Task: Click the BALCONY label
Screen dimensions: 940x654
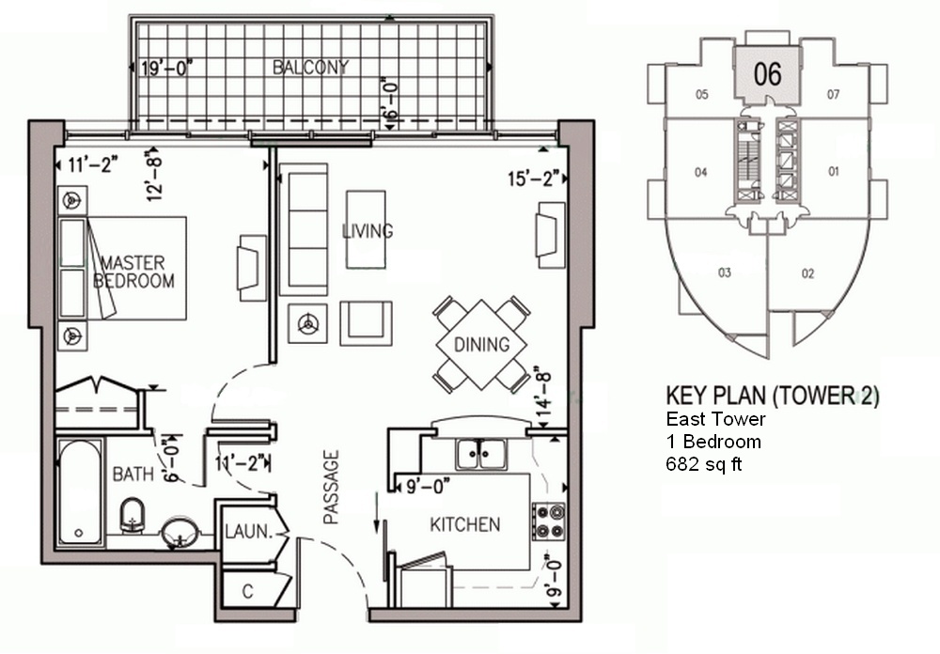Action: pos(310,67)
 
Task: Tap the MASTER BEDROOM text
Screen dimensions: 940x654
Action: pos(133,272)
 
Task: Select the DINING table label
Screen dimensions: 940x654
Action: pos(481,345)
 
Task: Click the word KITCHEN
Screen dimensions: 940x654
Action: pos(465,524)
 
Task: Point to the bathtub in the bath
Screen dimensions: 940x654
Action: pos(80,492)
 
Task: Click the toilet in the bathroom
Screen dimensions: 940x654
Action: pos(133,514)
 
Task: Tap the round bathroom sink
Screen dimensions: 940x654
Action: pos(180,532)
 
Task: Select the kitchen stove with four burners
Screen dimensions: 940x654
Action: pos(549,521)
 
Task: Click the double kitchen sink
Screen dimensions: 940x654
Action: pos(480,455)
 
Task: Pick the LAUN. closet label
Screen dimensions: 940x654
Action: pos(249,531)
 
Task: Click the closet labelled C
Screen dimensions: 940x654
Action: pos(247,592)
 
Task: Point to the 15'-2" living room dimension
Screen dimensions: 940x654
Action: pos(534,179)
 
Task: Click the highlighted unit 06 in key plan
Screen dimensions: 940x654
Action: pos(768,74)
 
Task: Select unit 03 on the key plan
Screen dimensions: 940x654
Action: pos(724,272)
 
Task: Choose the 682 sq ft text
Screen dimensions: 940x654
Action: pos(704,464)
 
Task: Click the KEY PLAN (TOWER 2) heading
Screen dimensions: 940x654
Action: pos(773,397)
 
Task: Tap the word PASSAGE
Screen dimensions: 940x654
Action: pos(331,488)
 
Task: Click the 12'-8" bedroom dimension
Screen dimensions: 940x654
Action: pos(155,178)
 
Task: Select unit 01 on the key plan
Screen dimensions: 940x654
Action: pos(833,171)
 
